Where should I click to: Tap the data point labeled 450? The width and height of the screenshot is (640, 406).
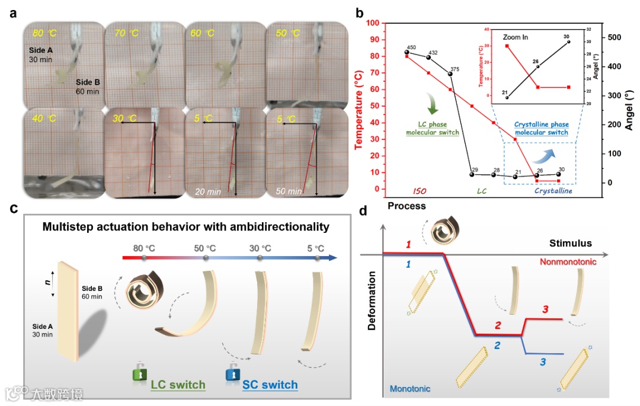coord(407,52)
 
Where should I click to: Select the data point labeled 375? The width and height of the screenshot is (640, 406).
coord(450,73)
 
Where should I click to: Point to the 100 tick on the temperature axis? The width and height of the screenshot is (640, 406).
coord(372,23)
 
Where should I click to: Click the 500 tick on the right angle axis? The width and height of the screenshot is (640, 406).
coord(612,37)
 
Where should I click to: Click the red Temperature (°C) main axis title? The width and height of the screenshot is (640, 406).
coord(360,105)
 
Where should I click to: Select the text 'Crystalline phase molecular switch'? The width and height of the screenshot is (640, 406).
coord(541,129)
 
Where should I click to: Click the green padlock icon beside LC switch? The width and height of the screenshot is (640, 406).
coord(138,373)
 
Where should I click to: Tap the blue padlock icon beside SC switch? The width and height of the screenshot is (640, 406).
coord(232,373)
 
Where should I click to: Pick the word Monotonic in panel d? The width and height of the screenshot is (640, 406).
coord(410,388)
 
